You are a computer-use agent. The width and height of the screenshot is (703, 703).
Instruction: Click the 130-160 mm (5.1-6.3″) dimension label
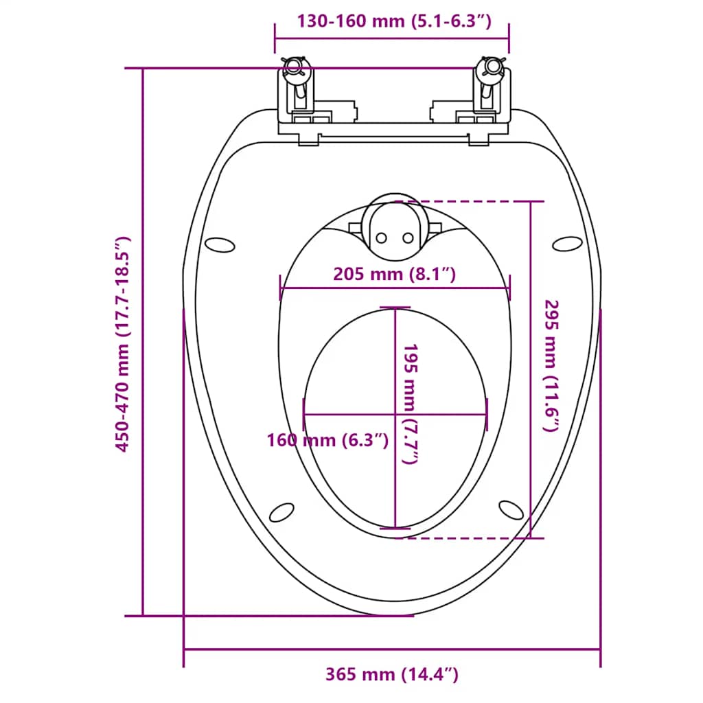point(395,21)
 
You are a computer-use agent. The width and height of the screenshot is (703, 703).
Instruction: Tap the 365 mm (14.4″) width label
point(392,674)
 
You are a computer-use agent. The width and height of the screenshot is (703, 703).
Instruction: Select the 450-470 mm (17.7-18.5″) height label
point(122,345)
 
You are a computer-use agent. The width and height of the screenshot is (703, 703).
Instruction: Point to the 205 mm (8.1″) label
point(395,274)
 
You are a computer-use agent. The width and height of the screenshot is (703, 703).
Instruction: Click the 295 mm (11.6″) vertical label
point(551,366)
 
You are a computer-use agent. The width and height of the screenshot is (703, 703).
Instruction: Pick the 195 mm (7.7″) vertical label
point(411,404)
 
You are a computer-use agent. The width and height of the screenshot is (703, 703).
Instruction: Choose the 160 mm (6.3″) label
point(327,440)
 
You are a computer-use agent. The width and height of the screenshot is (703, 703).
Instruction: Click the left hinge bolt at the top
point(294,67)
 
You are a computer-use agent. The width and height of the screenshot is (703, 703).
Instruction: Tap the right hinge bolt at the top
point(492,67)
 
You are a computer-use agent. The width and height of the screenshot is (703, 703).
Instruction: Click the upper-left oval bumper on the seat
point(219,245)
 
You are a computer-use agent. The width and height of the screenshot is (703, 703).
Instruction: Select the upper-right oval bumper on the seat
point(567,244)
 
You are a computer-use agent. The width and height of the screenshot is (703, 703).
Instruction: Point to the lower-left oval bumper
point(281,512)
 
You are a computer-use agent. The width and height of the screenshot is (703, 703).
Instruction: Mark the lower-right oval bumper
point(511,510)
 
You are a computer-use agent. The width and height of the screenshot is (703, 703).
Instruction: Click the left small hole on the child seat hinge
point(381,238)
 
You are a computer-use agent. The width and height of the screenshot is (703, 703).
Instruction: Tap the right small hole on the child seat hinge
point(408,238)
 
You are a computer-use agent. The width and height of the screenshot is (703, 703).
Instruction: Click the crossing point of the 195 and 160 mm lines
point(395,414)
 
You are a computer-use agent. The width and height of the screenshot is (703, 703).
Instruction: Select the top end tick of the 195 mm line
point(395,308)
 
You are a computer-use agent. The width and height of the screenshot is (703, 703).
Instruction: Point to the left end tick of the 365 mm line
point(184,649)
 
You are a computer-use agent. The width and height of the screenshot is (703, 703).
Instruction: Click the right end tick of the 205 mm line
point(510,288)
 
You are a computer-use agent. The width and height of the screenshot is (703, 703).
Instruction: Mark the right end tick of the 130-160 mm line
point(509,38)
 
